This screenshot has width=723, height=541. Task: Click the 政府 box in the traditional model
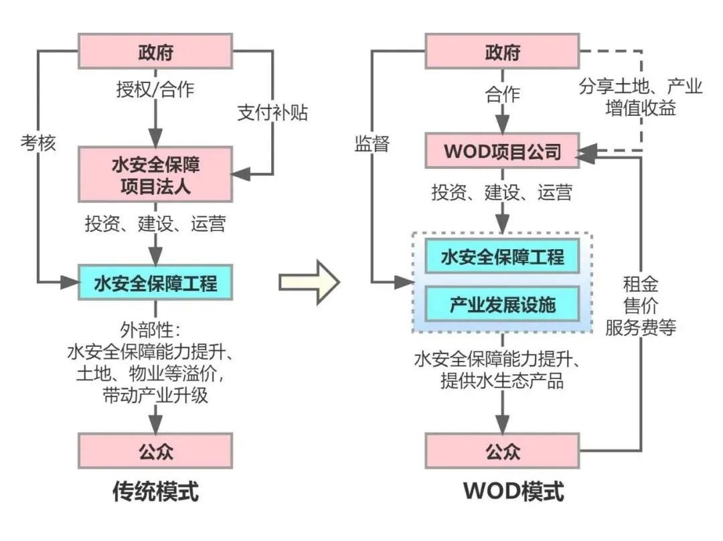click(155, 52)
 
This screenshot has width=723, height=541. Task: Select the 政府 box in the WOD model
click(502, 52)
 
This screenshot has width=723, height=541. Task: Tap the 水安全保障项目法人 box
click(155, 174)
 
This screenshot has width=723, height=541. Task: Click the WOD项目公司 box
click(502, 151)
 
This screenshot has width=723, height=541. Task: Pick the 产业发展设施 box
click(502, 305)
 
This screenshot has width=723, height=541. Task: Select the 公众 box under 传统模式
click(155, 451)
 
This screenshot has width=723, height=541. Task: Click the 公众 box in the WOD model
click(502, 451)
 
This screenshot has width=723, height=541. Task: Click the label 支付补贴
click(272, 112)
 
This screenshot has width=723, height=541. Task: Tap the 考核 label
click(38, 143)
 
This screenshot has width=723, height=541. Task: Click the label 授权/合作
click(155, 89)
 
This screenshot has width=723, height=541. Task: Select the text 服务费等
click(641, 327)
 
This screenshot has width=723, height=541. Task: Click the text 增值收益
click(641, 108)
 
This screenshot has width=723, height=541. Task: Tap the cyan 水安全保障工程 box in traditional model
click(155, 282)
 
